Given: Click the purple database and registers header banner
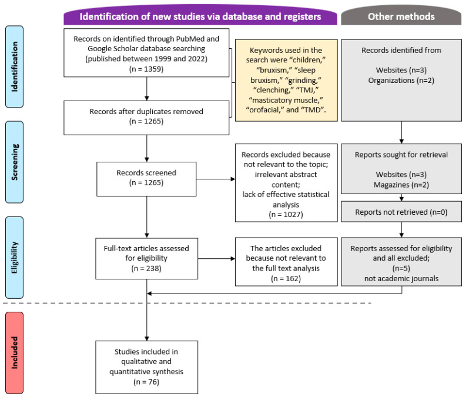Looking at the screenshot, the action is click(200, 15).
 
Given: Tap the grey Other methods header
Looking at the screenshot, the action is click(401, 15).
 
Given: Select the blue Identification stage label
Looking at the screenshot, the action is click(14, 66).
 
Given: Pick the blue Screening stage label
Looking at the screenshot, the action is click(14, 162).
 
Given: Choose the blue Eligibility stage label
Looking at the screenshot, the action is click(14, 258).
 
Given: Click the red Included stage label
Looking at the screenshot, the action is click(14, 353).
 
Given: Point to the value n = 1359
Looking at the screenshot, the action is click(146, 69).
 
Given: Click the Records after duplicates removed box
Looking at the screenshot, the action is click(146, 118).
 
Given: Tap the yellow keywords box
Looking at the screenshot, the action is click(286, 80).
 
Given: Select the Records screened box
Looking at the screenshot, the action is click(146, 179).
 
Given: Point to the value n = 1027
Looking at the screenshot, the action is click(286, 215).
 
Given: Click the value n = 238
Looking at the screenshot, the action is click(146, 268).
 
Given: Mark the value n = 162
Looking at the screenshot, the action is click(286, 279).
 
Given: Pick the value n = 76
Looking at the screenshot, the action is click(146, 382).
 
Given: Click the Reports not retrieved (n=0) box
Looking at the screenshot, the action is click(401, 212).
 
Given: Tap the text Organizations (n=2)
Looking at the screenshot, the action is click(401, 80).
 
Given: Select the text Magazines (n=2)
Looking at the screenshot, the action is click(401, 185).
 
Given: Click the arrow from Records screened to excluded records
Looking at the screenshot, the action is click(216, 179).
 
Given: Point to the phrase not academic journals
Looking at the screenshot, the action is click(401, 278).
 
